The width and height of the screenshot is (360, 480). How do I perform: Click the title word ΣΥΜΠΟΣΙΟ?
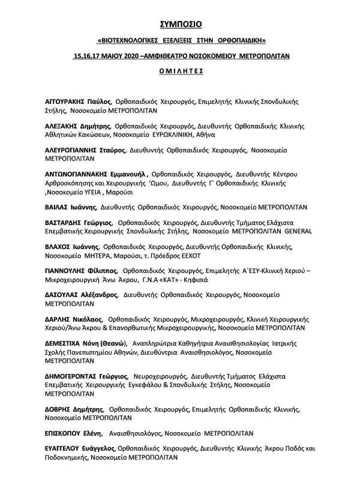point(180,25)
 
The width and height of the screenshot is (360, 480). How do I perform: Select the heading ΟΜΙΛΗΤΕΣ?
point(180,70)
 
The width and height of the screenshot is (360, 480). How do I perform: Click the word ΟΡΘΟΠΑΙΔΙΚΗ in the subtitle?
point(239,40)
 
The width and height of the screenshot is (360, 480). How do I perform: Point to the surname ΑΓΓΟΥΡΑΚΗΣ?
point(68,102)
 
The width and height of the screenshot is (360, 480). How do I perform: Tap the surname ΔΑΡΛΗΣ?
point(59,319)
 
